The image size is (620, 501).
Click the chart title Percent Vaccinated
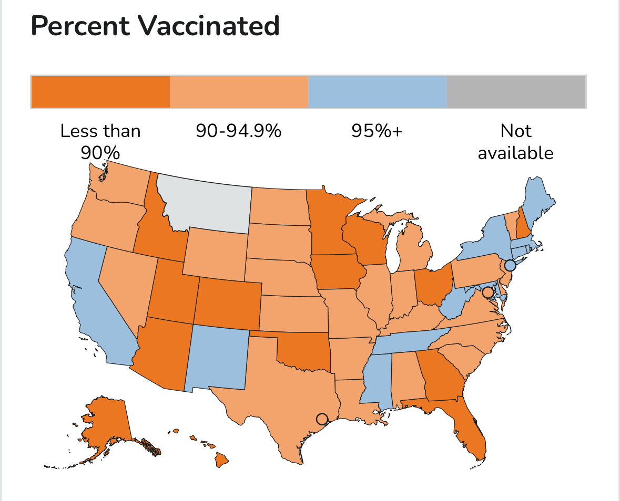pyautogui.click(x=155, y=26)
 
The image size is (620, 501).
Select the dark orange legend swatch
pyautogui.click(x=100, y=92)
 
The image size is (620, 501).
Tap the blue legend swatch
pyautogui.click(x=377, y=92)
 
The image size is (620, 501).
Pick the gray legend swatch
pyautogui.click(x=516, y=92)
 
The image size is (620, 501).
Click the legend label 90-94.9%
pyautogui.click(x=239, y=131)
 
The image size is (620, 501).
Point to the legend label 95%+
pyautogui.click(x=377, y=131)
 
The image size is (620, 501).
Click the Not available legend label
pyautogui.click(x=516, y=142)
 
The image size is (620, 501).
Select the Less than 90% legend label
pyautogui.click(x=100, y=142)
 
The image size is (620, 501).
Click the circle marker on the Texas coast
pyautogui.click(x=322, y=419)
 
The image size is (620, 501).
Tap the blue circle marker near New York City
pyautogui.click(x=510, y=265)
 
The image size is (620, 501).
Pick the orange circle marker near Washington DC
pyautogui.click(x=487, y=292)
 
